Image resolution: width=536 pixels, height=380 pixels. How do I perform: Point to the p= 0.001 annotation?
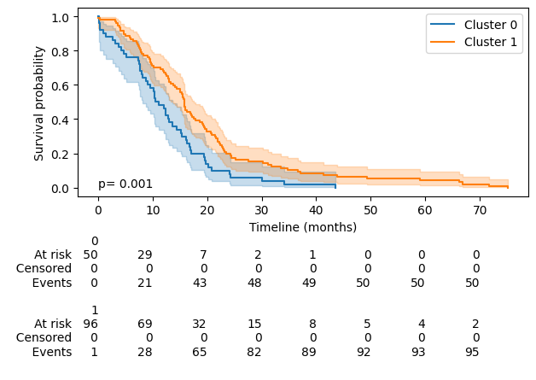click(125, 184)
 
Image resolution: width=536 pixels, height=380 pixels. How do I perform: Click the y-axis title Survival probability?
click(39, 103)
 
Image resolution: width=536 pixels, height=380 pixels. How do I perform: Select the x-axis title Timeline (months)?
click(303, 227)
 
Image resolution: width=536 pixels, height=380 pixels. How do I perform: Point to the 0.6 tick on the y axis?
click(60, 85)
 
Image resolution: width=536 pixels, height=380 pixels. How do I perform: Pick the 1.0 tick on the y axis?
click(60, 17)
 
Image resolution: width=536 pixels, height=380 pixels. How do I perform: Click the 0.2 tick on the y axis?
click(60, 154)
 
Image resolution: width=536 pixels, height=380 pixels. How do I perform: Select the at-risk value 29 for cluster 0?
click(146, 254)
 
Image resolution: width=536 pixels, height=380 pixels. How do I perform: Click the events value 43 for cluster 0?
click(204, 283)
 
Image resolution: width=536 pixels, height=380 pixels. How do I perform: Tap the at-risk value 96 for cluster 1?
click(90, 324)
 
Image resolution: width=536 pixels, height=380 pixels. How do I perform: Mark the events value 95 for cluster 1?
click(476, 352)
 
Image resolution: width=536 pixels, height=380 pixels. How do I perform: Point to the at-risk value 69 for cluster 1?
click(146, 324)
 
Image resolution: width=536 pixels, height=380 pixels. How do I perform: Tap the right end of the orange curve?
click(508, 187)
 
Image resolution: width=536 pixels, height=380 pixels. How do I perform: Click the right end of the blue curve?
click(335, 186)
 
